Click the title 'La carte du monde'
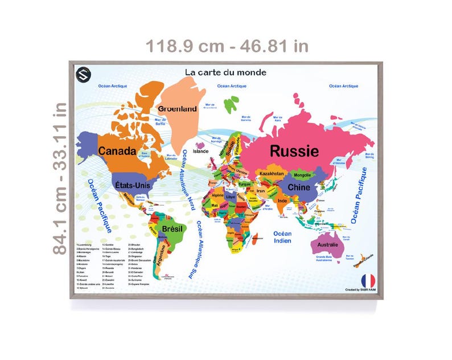pos(225,72)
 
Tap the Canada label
pos(117,151)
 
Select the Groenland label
pos(178,108)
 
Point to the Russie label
pos(294,151)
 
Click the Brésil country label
pos(172,228)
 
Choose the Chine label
pos(298,187)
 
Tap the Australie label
pos(327,245)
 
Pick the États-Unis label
pos(131,185)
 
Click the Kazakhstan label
pos(272,173)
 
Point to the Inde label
pos(282,201)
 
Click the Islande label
pos(201,152)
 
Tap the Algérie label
pos(218,195)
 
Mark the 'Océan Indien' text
pos(282,238)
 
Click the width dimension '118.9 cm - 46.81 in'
pos(227,46)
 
